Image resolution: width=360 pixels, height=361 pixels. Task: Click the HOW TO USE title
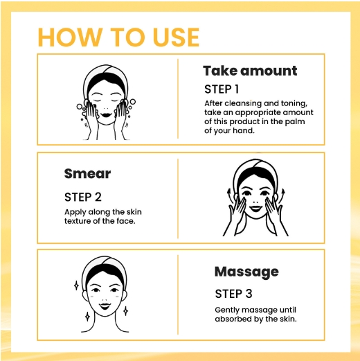point(118,37)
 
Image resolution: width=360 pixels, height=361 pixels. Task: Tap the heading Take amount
point(250,71)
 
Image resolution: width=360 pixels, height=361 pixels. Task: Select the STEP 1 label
point(222,89)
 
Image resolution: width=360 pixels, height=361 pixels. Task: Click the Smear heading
point(87,174)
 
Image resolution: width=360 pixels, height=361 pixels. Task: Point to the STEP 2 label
point(83,197)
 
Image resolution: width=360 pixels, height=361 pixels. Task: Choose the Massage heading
point(246,272)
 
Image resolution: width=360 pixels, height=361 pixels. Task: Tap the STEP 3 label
point(233,294)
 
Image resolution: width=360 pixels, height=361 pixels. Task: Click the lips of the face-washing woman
point(106,115)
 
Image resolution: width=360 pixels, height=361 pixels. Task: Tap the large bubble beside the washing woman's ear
point(132,102)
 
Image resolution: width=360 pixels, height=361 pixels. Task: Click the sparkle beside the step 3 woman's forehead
point(76,285)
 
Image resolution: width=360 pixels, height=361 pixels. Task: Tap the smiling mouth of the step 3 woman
point(105,306)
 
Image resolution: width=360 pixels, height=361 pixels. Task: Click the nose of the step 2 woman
point(255,201)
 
